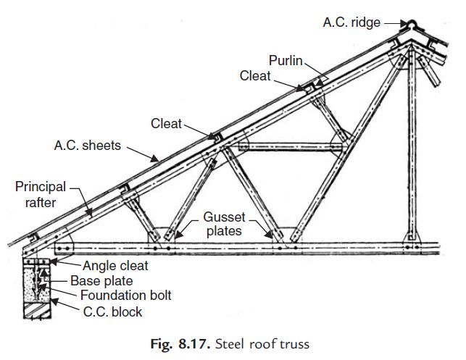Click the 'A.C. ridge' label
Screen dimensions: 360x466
pyautogui.click(x=351, y=23)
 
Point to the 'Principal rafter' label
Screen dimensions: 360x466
pyautogui.click(x=36, y=195)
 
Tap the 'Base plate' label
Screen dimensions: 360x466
pyautogui.click(x=101, y=280)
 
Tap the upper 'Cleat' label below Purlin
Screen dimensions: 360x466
pyautogui.click(x=254, y=75)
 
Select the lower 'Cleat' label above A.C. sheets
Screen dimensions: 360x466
pyautogui.click(x=167, y=124)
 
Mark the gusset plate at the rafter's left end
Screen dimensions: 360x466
pyautogui.click(x=62, y=241)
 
